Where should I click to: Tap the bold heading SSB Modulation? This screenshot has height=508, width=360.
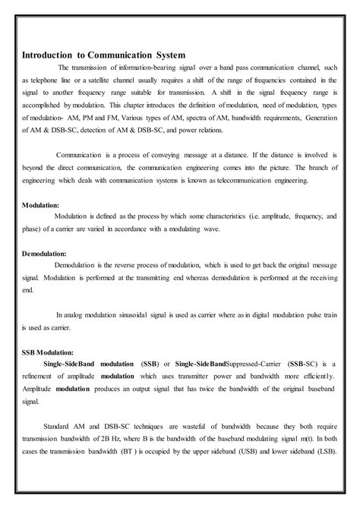click(x=47, y=352)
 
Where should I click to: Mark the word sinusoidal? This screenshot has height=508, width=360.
click(x=132, y=314)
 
